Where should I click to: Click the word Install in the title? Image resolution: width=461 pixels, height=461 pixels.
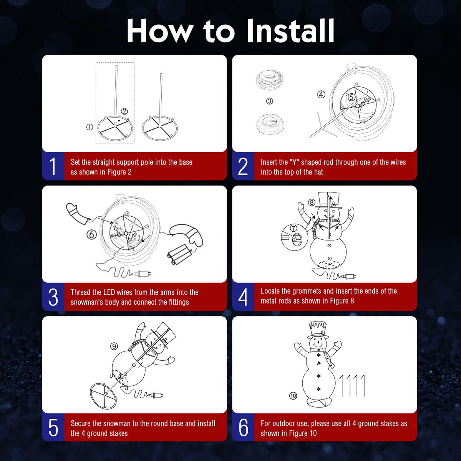290,31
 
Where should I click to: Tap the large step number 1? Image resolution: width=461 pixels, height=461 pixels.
53,167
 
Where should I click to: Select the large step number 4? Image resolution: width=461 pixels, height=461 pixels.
243,297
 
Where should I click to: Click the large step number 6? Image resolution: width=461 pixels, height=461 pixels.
244,428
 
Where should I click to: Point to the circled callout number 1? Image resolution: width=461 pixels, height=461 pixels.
89,127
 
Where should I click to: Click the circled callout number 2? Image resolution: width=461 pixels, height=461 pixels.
124,111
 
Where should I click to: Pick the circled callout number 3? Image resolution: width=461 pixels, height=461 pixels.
270,101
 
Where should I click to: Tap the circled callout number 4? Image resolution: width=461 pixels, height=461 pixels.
321,95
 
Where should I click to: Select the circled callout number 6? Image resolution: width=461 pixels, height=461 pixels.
91,234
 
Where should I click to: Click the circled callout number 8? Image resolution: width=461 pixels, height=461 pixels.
312,202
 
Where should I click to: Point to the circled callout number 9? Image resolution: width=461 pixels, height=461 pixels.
114,346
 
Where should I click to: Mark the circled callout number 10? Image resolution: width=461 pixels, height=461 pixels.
293,396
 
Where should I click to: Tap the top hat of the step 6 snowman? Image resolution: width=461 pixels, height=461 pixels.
318,328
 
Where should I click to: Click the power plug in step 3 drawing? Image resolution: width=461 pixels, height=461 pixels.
144,274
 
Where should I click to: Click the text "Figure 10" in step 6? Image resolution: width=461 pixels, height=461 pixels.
302,433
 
